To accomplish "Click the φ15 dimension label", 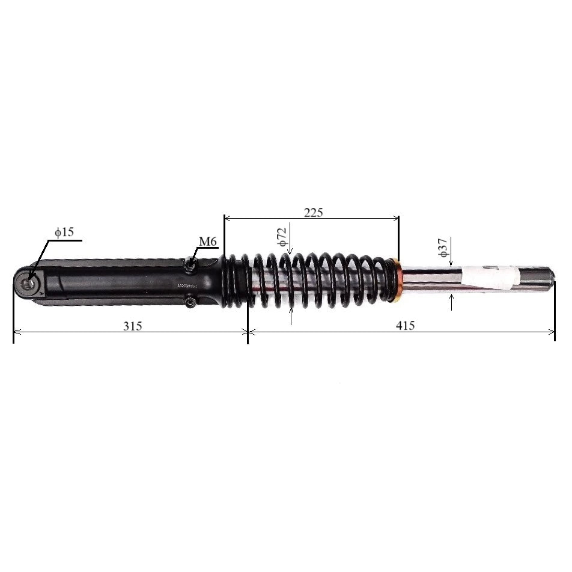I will (64, 232).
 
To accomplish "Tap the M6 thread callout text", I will (207, 242).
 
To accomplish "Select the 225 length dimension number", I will (313, 212).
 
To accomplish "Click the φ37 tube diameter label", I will (443, 248).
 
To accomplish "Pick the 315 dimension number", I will (133, 326).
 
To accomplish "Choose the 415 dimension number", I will (406, 326).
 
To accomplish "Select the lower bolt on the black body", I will (191, 303).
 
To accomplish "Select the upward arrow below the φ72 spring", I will (291, 311).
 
